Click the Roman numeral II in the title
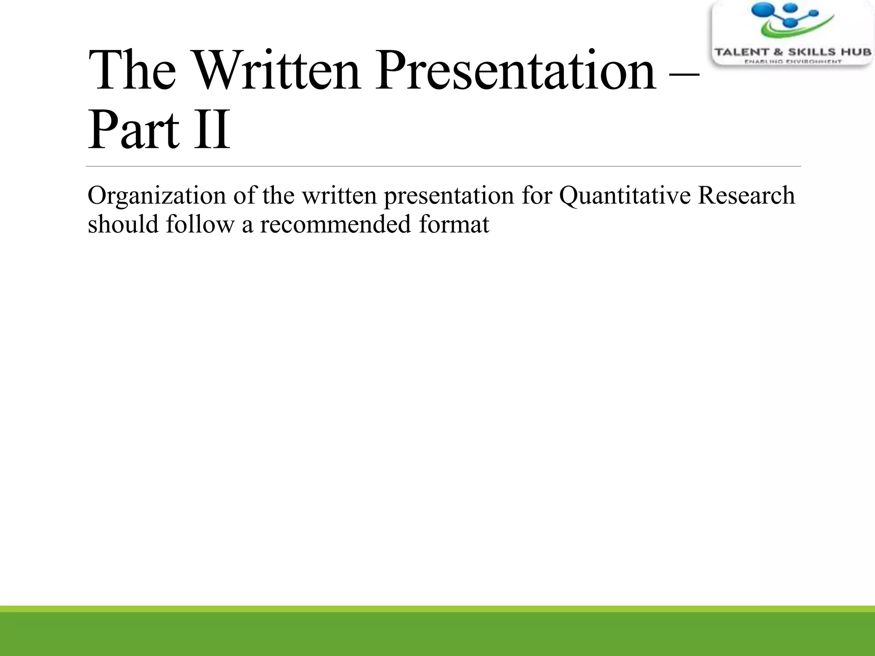pos(212,130)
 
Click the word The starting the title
pos(132,70)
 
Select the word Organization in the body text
pos(157,196)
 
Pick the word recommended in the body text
pos(335,224)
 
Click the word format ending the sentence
pos(454,224)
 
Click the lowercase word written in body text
pos(339,195)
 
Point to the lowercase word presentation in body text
pos(449,196)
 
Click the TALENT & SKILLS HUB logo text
pos(793,52)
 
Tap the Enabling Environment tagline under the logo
pos(793,62)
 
